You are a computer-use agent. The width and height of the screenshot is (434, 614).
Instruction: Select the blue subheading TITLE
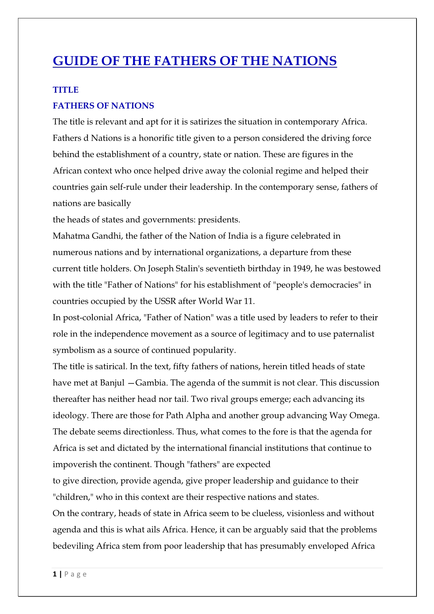point(66,90)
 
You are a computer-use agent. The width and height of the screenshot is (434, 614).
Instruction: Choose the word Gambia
point(151,383)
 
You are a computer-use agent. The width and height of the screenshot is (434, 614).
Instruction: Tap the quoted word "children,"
point(72,497)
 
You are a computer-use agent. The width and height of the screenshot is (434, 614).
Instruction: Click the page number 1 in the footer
point(55,574)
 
